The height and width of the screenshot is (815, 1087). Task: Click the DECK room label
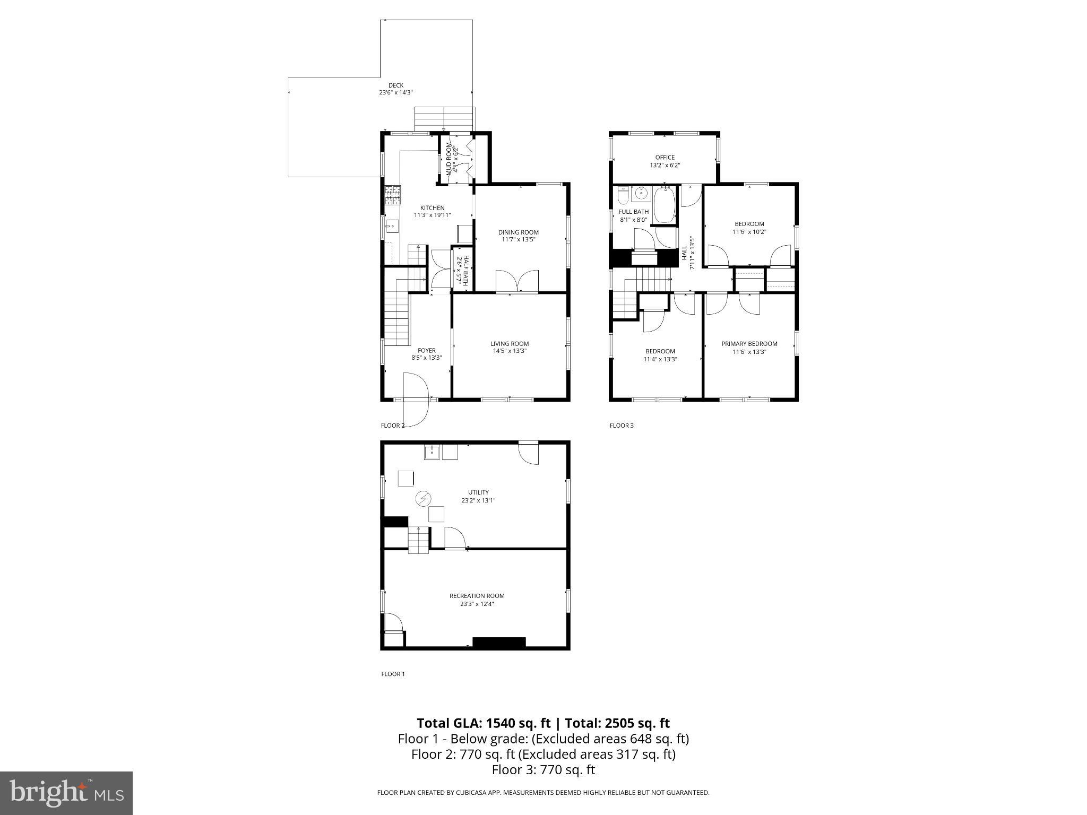point(395,85)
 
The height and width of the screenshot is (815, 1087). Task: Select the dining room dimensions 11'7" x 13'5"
point(518,239)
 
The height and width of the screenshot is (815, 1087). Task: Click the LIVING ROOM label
point(509,344)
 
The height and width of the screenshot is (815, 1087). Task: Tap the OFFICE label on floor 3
point(665,158)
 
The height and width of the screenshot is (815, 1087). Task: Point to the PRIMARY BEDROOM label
point(749,344)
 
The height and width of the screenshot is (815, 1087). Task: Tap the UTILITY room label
point(478,492)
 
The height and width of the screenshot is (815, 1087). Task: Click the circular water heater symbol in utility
point(423,499)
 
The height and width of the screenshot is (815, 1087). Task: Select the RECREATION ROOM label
point(477,596)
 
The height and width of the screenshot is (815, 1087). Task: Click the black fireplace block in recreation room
point(498,643)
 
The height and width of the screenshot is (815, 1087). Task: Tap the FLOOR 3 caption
point(621,426)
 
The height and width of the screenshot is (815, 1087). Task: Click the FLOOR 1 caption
point(393,674)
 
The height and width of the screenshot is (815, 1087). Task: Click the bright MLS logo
point(66,793)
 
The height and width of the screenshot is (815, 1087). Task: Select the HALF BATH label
point(465,270)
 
